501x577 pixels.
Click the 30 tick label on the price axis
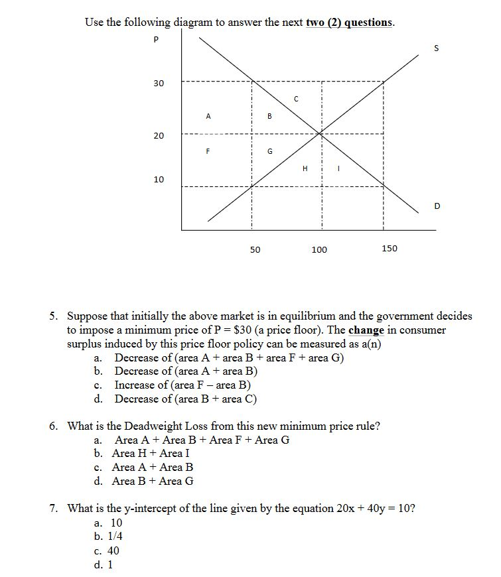pos(159,84)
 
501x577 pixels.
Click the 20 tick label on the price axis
pos(159,136)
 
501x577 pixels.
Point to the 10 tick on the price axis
pos(159,180)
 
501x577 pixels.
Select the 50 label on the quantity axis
pos(255,249)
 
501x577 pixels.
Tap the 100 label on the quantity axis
pos(319,249)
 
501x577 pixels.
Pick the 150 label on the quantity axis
pos(390,248)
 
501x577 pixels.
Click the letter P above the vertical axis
pos(156,40)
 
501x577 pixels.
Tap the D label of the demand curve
pos(437,206)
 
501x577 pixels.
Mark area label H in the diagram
pos(305,168)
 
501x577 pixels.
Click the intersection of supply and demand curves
pos(321,134)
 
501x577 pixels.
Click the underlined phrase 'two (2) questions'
pos(349,23)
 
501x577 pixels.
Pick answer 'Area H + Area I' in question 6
pos(151,454)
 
